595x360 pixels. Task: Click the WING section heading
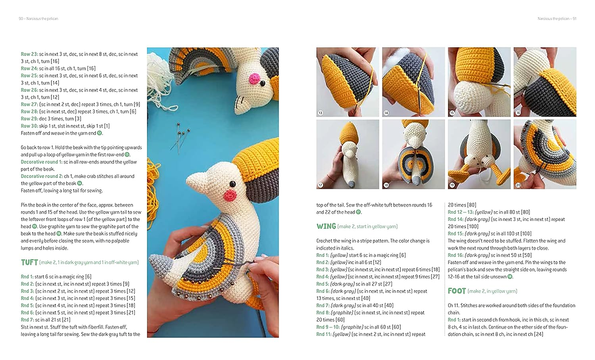tap(326, 226)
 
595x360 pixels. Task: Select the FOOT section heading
tap(457, 291)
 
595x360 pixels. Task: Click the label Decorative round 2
tap(41, 176)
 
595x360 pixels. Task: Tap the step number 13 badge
tap(321, 113)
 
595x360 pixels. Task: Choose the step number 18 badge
tap(386, 185)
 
